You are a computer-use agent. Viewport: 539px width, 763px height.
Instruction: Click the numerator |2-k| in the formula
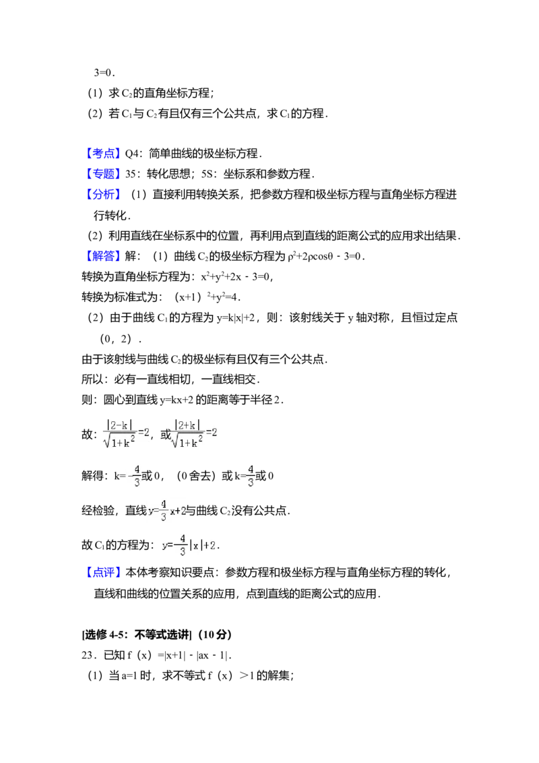[x=118, y=425]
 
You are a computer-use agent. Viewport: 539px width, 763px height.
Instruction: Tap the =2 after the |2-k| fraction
[x=144, y=432]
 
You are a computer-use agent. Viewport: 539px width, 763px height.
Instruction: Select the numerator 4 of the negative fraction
[x=137, y=469]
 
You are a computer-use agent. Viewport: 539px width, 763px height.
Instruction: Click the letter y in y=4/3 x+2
[x=151, y=512]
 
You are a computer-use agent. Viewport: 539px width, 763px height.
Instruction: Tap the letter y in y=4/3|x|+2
[x=164, y=545]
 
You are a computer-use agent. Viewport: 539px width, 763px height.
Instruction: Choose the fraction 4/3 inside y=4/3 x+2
[x=164, y=510]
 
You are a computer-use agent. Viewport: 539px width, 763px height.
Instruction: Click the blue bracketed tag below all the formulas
[x=104, y=574]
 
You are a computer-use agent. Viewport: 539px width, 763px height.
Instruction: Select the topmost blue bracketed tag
[x=104, y=154]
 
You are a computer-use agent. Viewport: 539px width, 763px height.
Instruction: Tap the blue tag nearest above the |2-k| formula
[x=104, y=255]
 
